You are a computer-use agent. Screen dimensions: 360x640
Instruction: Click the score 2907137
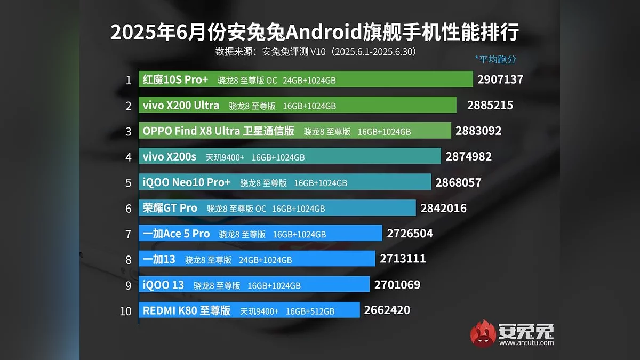point(500,80)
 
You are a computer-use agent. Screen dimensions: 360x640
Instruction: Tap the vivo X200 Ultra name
point(181,106)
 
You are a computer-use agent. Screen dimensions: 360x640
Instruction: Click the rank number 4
point(128,157)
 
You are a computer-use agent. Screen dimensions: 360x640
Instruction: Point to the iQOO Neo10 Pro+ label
point(187,182)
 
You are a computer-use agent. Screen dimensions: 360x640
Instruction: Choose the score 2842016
point(443,208)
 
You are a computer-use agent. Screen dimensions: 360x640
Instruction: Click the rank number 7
point(128,234)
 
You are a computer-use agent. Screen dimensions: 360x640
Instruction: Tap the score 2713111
point(403,259)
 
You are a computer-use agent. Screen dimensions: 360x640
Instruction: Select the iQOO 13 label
point(163,285)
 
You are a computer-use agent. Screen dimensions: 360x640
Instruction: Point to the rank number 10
point(125,311)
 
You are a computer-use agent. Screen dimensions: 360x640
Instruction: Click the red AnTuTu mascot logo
point(483,333)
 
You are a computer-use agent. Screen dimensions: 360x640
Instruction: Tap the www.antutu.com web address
point(526,343)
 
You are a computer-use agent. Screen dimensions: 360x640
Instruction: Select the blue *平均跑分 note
point(495,59)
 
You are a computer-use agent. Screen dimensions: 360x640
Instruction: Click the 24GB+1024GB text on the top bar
point(309,81)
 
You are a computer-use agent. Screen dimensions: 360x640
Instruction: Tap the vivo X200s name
point(170,157)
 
